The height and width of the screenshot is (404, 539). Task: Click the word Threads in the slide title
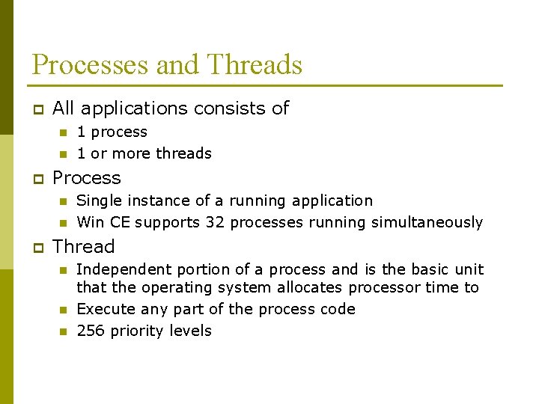click(x=255, y=65)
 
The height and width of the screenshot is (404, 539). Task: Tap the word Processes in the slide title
click(x=89, y=65)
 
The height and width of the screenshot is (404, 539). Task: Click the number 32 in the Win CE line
click(x=217, y=222)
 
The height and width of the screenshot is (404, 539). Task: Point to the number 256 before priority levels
click(x=91, y=331)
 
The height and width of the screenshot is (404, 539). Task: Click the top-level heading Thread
click(x=84, y=247)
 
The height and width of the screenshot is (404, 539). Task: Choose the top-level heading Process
click(x=87, y=178)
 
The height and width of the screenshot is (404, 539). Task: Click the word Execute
click(x=104, y=309)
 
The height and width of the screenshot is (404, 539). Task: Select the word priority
click(x=137, y=331)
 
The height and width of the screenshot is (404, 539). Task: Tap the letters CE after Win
click(x=121, y=222)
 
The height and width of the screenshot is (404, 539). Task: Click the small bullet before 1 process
click(x=64, y=132)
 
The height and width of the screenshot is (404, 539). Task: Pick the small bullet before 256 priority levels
click(x=64, y=331)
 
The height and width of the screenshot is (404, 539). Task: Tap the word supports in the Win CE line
click(x=165, y=222)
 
